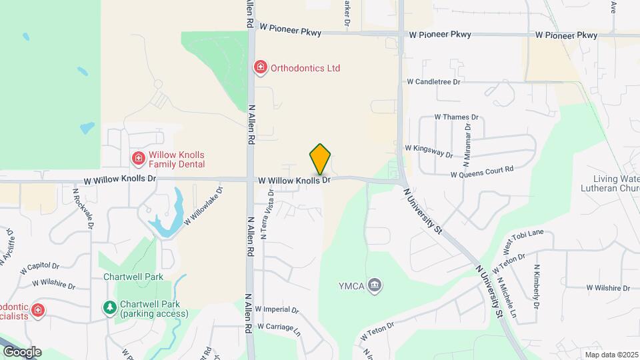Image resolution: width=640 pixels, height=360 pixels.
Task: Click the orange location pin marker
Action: coord(321,159)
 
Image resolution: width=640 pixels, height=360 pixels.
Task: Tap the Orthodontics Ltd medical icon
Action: coord(260,67)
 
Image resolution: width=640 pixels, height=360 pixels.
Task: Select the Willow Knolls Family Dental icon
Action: coord(138,159)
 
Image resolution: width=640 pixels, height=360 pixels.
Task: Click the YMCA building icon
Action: coord(376,286)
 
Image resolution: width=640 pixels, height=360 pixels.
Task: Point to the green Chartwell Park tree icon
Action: coord(109,307)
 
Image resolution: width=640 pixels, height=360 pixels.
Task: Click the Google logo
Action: coord(21,351)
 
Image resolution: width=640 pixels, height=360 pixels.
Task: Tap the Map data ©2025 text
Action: coord(611,355)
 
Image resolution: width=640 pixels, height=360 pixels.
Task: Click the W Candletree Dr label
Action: coord(435,82)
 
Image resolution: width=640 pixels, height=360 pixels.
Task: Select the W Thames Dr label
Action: coord(457,117)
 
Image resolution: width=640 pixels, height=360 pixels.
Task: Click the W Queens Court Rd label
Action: coord(482,173)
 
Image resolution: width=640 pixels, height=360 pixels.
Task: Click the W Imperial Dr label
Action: coord(277,310)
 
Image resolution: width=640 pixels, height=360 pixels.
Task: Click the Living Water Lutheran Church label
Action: coord(617,183)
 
